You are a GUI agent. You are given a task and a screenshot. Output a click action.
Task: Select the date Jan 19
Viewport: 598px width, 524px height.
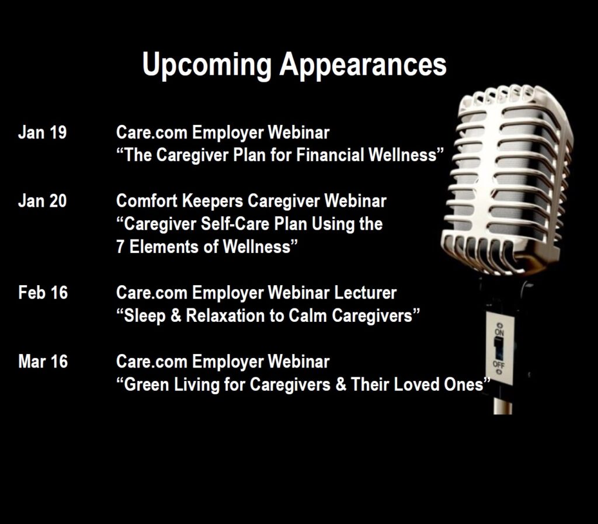coord(42,133)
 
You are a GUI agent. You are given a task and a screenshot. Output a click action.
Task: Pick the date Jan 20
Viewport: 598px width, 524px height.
coord(42,201)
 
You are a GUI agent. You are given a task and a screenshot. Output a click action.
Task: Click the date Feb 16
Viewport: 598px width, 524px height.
coord(43,293)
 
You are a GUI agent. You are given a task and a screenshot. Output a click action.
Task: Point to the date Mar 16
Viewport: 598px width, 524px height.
coord(43,362)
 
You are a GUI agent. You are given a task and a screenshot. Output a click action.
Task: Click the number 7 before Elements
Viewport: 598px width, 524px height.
coord(120,247)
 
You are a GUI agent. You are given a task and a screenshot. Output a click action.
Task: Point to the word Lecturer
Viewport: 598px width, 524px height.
coord(366,293)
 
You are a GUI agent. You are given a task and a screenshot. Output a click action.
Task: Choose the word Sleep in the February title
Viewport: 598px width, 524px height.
coord(145,316)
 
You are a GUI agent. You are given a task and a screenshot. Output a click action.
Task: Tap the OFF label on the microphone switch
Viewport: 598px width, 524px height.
coord(499,364)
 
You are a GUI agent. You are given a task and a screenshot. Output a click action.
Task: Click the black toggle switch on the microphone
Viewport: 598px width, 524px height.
coord(499,348)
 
